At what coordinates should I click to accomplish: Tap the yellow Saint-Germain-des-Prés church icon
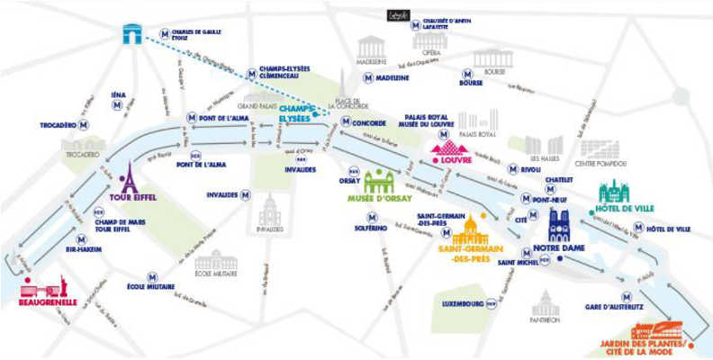point(468,231)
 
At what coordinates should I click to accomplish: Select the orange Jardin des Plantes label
point(647,346)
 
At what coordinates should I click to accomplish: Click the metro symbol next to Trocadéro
point(84,124)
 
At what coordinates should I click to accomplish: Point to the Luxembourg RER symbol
point(491,303)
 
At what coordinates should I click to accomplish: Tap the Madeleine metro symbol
point(368,78)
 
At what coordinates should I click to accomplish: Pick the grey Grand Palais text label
point(257,106)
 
